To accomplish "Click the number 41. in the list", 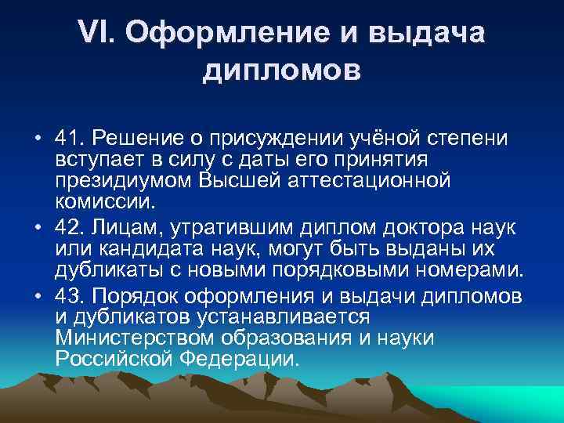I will pyautogui.click(x=70, y=138).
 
